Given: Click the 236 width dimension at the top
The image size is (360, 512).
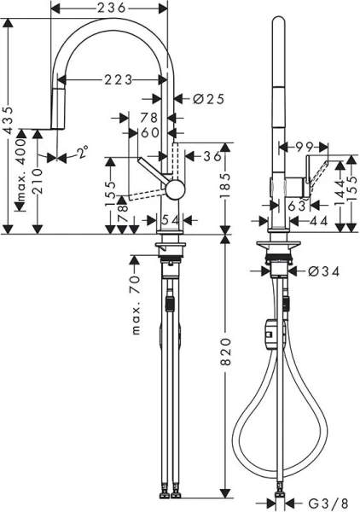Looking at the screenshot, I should (x=108, y=8).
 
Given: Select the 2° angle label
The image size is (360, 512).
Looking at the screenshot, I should (x=82, y=153).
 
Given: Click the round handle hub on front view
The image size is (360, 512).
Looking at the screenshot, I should (x=174, y=189).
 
